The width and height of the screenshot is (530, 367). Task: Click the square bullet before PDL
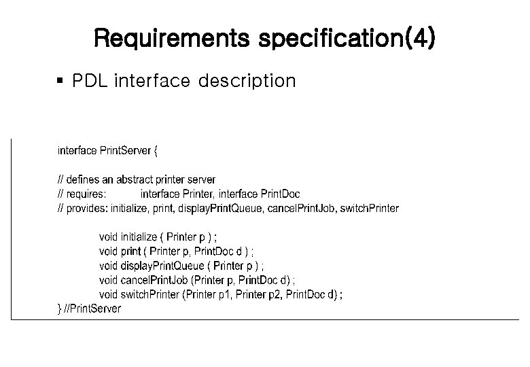click(60, 81)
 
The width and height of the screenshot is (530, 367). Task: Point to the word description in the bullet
click(247, 82)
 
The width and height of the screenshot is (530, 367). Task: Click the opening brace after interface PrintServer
click(156, 150)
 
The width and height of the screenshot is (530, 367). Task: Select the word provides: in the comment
click(86, 208)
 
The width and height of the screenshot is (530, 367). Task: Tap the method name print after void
click(130, 251)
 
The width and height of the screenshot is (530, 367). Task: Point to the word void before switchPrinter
click(109, 294)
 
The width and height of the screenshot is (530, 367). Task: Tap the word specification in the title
click(332, 39)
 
